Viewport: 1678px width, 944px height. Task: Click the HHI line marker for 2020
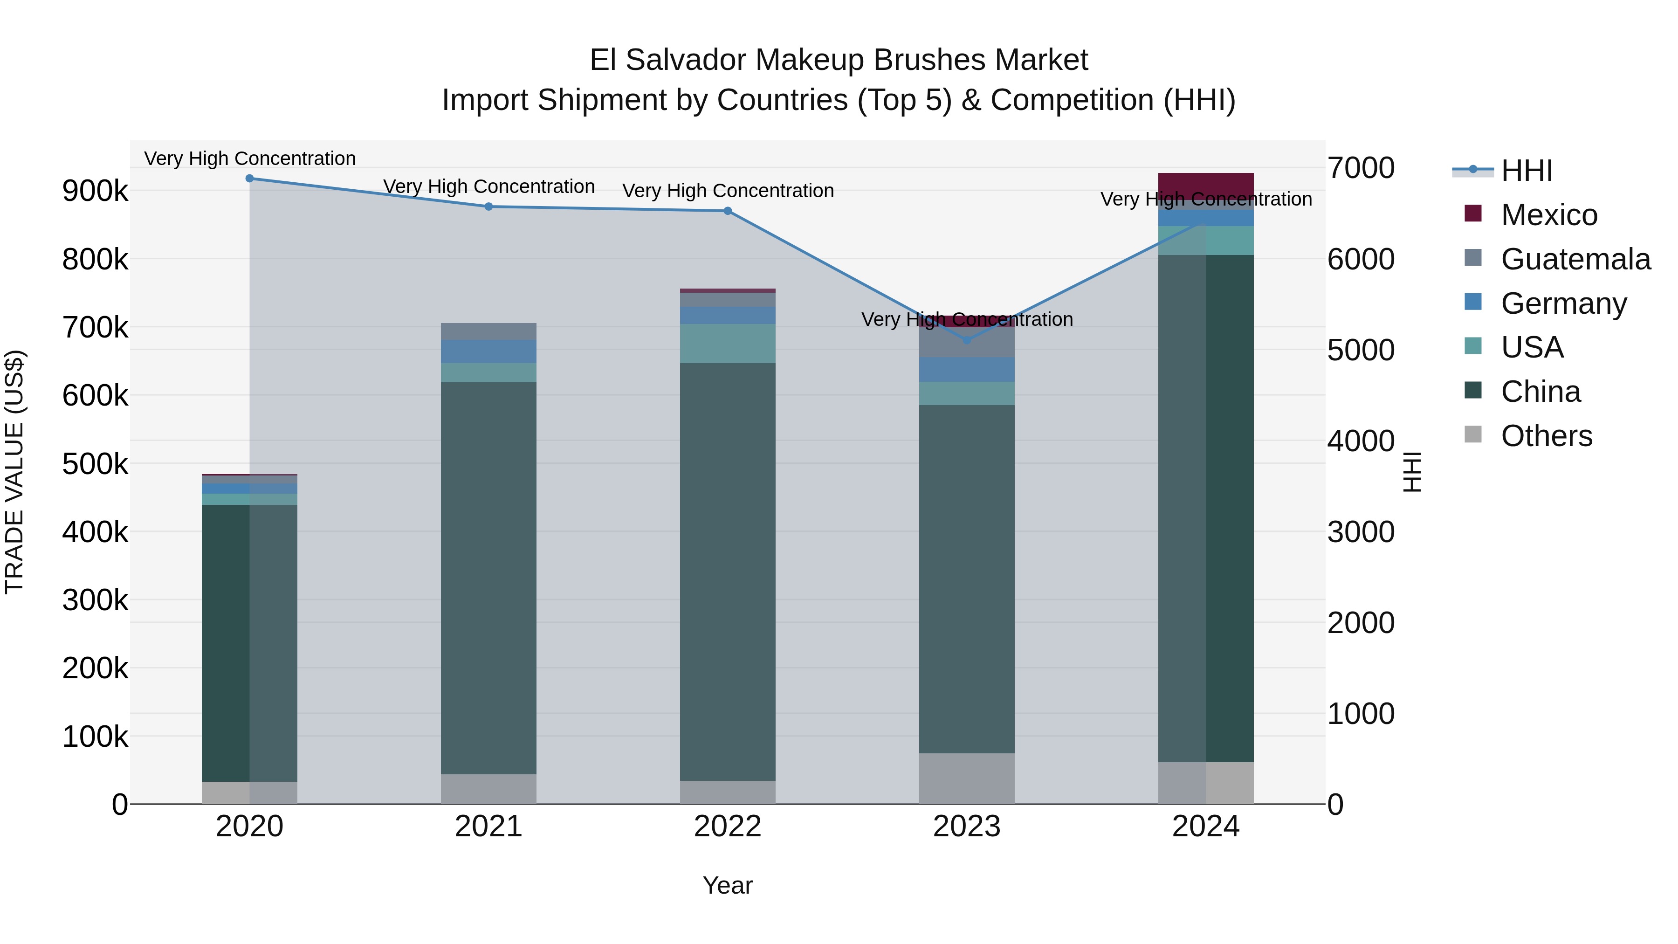[249, 179]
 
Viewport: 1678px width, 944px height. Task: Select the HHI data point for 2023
[967, 340]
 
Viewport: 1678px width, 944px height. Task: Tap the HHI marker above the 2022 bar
[728, 211]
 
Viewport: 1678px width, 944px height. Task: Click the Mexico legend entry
[1548, 215]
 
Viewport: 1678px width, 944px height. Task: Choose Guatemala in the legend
[1575, 259]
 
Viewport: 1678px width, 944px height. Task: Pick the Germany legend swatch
[1473, 302]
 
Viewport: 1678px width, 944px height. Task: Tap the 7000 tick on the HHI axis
[1361, 168]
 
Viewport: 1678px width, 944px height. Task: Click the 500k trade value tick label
[95, 464]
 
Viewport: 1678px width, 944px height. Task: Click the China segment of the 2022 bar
[728, 572]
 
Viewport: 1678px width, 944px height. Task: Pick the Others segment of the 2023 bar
[967, 779]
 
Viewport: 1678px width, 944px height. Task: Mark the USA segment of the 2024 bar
[1206, 241]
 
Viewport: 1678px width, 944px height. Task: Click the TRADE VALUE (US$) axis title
[14, 472]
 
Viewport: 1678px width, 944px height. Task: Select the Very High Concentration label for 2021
[488, 187]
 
